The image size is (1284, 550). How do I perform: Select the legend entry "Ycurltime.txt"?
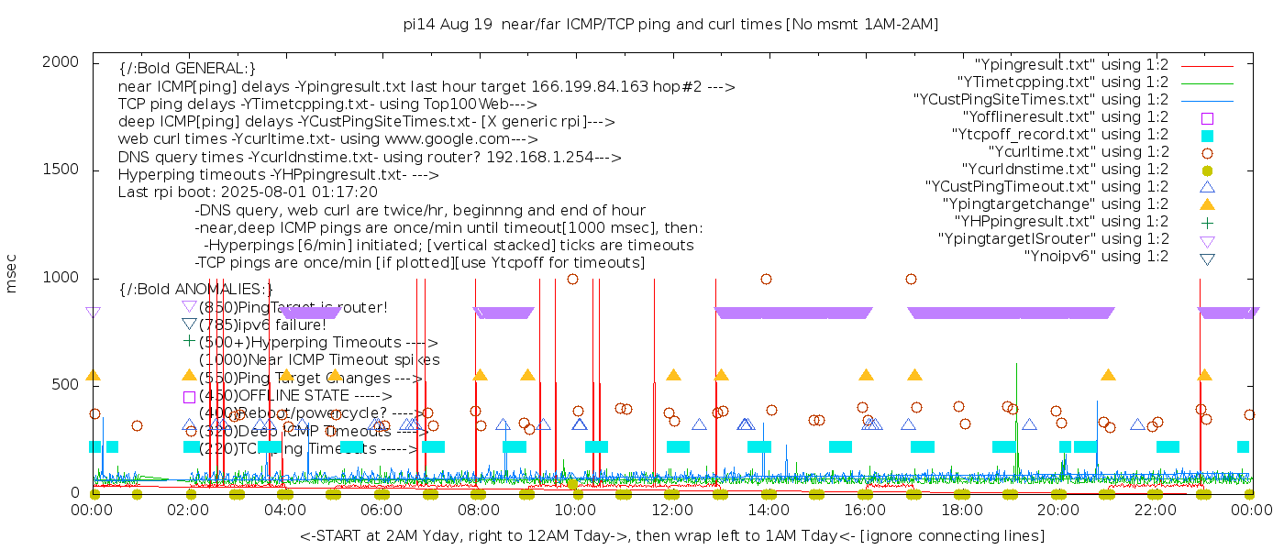(x=1078, y=151)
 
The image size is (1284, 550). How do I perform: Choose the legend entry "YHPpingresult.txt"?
(x=1061, y=221)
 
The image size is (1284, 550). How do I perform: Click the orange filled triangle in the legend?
(x=1208, y=203)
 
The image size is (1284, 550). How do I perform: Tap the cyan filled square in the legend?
(x=1208, y=135)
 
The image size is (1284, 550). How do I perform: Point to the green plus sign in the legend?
(x=1208, y=221)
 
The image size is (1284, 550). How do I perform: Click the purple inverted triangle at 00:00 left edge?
(x=93, y=313)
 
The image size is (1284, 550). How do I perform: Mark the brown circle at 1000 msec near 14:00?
(x=767, y=279)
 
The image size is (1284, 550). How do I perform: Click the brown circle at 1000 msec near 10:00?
(x=572, y=279)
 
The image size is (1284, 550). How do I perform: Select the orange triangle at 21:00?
(x=1108, y=375)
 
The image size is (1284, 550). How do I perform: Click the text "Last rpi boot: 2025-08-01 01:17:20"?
(x=248, y=192)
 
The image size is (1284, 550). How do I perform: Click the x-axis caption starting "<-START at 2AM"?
(x=671, y=535)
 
